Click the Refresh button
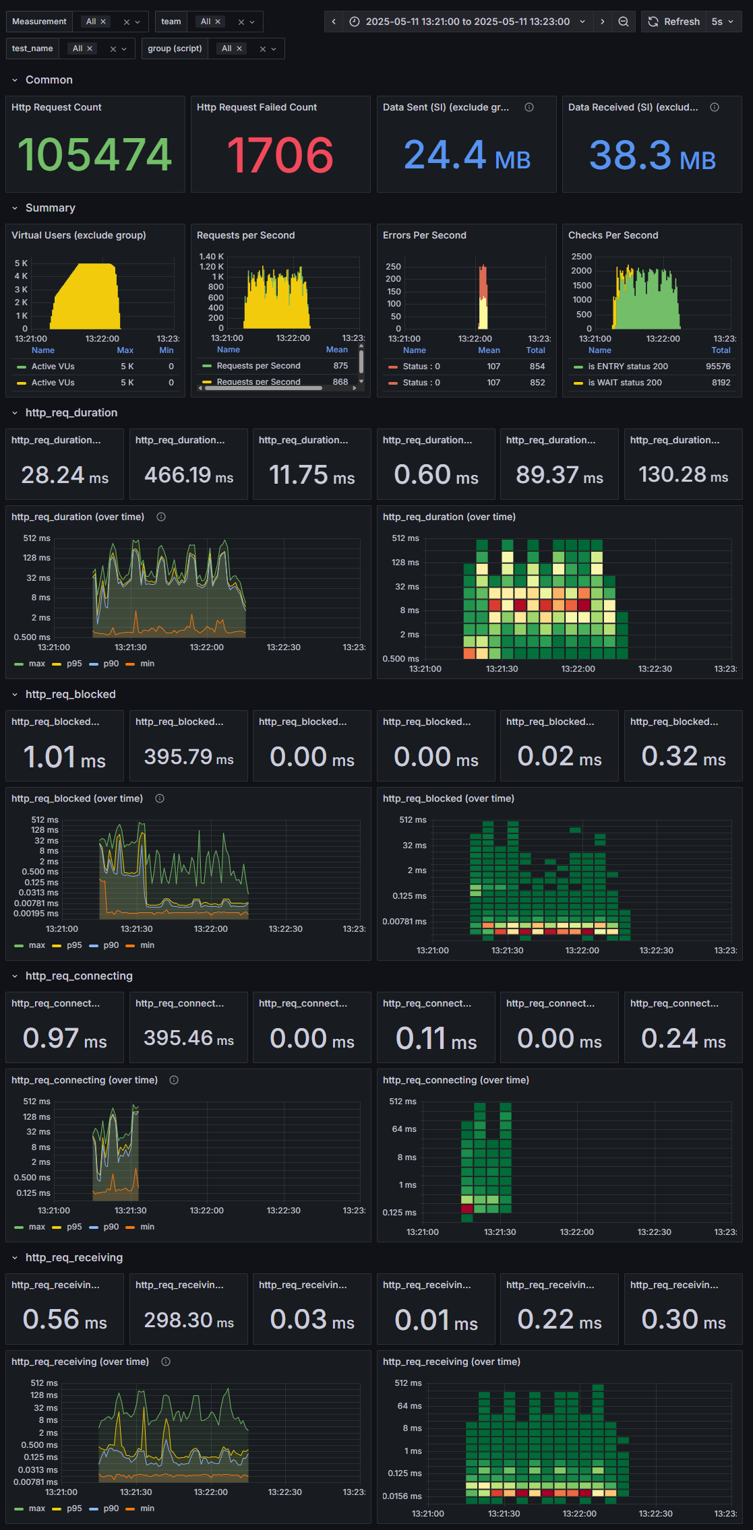pyautogui.click(x=673, y=22)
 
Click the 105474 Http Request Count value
pyautogui.click(x=95, y=154)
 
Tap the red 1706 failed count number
pyautogui.click(x=280, y=154)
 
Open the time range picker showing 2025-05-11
pyautogui.click(x=467, y=22)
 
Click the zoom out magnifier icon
pyautogui.click(x=624, y=22)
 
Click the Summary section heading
pyautogui.click(x=50, y=208)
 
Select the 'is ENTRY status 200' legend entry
pyautogui.click(x=627, y=366)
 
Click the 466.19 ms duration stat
pyautogui.click(x=189, y=475)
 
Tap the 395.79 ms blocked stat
pyautogui.click(x=189, y=757)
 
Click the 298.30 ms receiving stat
pyautogui.click(x=189, y=1320)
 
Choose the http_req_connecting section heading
pyautogui.click(x=79, y=976)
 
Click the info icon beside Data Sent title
pyautogui.click(x=529, y=107)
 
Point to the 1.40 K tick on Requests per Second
pyautogui.click(x=211, y=256)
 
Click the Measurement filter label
pyautogui.click(x=39, y=22)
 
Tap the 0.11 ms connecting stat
pyautogui.click(x=436, y=1038)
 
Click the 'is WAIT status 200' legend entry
pyautogui.click(x=624, y=383)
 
